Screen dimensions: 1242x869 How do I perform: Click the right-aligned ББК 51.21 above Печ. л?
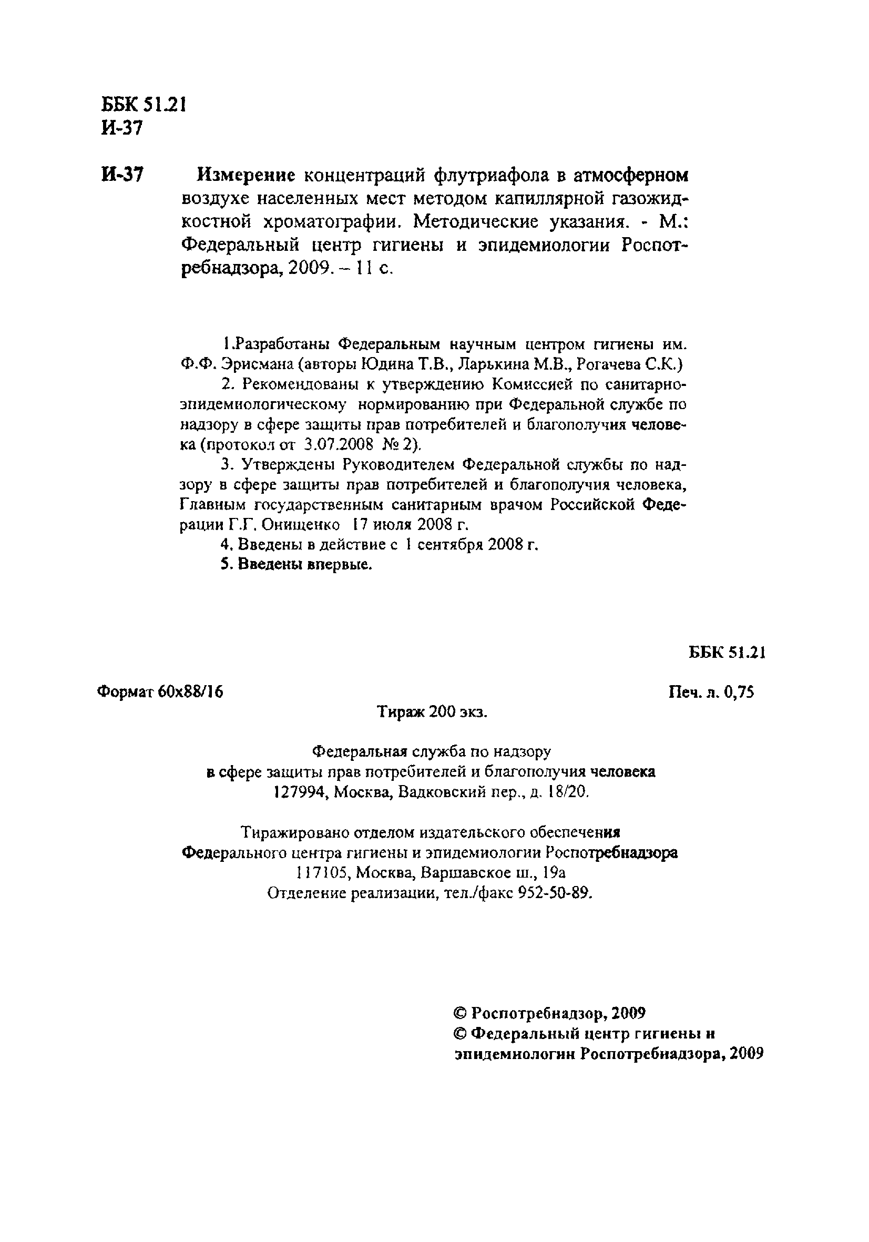(x=726, y=653)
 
